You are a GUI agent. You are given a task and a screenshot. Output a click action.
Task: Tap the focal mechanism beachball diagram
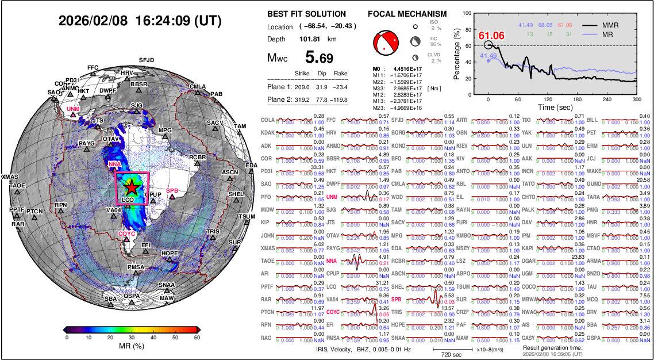point(386,43)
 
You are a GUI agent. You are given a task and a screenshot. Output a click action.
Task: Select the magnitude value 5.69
point(319,58)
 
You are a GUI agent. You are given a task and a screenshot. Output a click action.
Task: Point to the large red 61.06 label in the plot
point(491,36)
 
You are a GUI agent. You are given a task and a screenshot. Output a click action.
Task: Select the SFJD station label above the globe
point(147,60)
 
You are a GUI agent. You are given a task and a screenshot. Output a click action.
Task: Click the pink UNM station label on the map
point(73,109)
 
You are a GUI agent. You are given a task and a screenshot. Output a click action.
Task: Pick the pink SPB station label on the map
point(172,191)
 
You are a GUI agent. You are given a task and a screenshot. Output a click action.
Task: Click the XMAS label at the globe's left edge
point(10,177)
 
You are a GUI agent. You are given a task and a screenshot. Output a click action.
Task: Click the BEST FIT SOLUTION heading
point(306,14)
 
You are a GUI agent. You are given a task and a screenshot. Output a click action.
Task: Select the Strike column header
point(302,74)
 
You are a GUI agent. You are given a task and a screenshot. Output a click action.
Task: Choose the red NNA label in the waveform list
point(331,261)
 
